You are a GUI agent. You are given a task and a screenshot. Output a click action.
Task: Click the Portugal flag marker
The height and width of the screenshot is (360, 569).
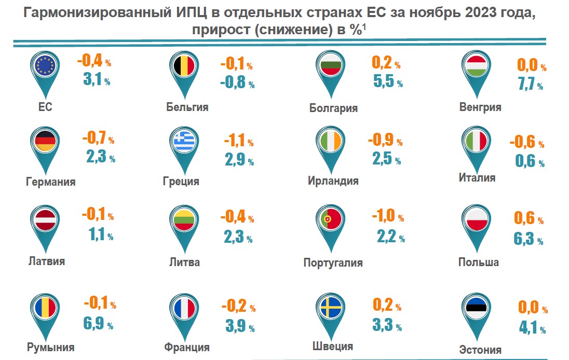point(328,221)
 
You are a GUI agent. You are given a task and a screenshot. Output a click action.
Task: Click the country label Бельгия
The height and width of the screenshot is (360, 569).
point(187,107)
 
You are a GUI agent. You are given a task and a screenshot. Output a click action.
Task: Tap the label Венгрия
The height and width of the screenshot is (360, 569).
point(480,107)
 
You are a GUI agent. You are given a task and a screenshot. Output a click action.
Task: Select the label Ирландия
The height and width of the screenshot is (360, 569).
point(333,181)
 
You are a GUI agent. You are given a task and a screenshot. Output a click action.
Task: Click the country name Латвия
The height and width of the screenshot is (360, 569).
point(47,261)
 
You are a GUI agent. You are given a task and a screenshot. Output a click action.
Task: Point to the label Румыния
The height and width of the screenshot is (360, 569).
point(51,347)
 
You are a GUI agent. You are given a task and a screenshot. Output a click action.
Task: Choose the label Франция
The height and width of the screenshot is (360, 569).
point(186,347)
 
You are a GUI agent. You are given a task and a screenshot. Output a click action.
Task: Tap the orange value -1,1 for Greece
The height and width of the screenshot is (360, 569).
point(236,141)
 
